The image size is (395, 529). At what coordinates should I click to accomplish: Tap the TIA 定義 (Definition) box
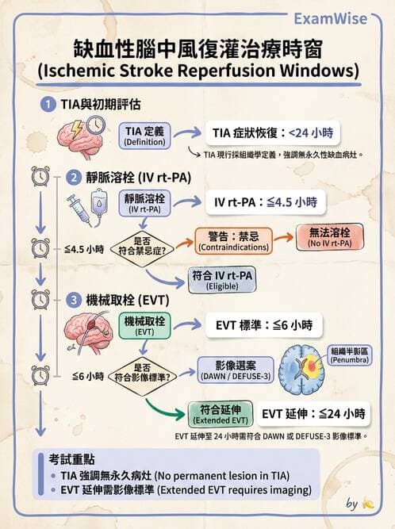tap(144, 136)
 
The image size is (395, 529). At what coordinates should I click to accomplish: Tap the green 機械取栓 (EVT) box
tap(144, 326)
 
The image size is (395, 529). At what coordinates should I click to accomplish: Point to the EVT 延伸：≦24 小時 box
tap(313, 413)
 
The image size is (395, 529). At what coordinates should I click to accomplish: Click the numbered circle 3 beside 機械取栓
tap(73, 300)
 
